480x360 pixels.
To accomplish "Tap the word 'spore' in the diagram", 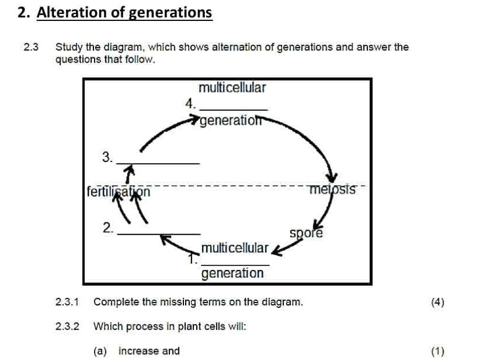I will pyautogui.click(x=306, y=233).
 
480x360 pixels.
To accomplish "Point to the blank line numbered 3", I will pyautogui.click(x=158, y=163).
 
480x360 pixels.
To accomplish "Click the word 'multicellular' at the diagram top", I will pyautogui.click(x=232, y=88).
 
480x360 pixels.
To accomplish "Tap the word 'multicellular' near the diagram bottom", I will pyautogui.click(x=234, y=249).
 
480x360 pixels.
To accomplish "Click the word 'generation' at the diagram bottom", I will pyautogui.click(x=232, y=273).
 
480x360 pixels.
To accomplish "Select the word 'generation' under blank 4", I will pyautogui.click(x=230, y=121).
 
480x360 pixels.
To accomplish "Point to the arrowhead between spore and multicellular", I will pyautogui.click(x=277, y=250).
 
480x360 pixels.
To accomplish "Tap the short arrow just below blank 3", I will pyautogui.click(x=131, y=172).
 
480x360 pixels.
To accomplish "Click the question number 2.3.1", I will pyautogui.click(x=67, y=302).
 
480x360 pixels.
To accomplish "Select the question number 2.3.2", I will pyautogui.click(x=67, y=326).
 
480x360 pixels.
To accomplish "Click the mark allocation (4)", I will pyautogui.click(x=437, y=302).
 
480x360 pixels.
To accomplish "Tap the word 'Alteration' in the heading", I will pyautogui.click(x=74, y=12).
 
